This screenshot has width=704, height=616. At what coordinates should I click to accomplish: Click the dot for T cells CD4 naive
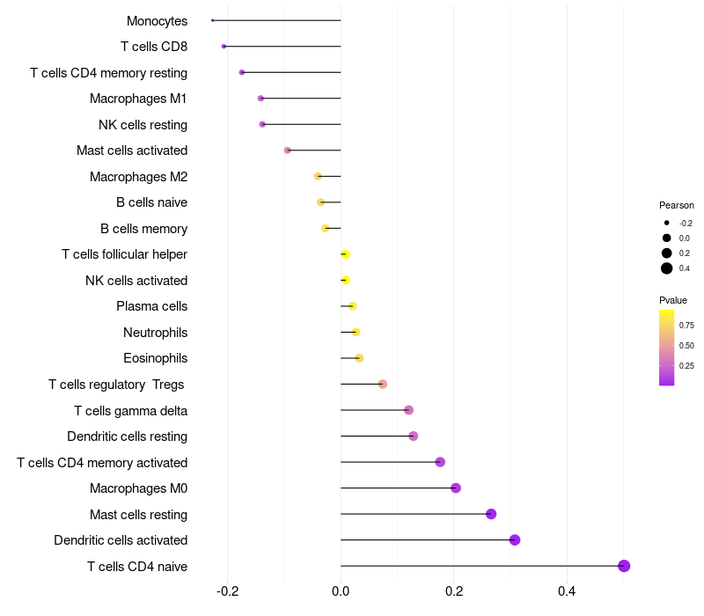point(624,566)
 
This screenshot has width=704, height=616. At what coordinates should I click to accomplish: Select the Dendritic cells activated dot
point(515,540)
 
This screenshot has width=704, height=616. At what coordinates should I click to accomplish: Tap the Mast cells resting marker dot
point(491,514)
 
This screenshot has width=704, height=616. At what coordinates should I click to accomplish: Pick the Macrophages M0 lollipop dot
point(456,488)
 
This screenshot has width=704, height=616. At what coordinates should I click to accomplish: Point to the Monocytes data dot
point(213,20)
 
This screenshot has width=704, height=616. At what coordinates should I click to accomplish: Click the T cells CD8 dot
point(224,46)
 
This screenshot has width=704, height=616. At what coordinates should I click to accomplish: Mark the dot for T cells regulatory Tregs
point(382,385)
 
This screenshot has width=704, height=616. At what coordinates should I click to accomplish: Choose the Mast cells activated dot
point(288,150)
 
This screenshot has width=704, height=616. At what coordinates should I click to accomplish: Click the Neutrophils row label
point(155,333)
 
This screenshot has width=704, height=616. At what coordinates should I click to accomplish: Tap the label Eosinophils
point(155,358)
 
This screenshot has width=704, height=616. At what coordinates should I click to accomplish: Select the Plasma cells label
point(151,306)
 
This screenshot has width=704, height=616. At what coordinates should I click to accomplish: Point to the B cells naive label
point(151,202)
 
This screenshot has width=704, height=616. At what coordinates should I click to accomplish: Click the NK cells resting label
point(143,124)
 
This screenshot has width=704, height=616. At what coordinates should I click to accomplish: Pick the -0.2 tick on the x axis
point(227,590)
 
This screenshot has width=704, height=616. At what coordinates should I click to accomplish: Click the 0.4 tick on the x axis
point(567,590)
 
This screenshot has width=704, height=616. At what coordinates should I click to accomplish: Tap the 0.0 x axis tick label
point(341,590)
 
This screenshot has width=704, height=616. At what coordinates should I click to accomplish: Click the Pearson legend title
point(676,205)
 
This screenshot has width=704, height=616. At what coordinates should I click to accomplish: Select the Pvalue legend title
point(673,300)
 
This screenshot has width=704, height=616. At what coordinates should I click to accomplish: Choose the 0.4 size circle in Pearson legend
point(667,268)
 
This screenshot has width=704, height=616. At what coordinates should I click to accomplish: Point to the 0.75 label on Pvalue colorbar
point(686,325)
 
